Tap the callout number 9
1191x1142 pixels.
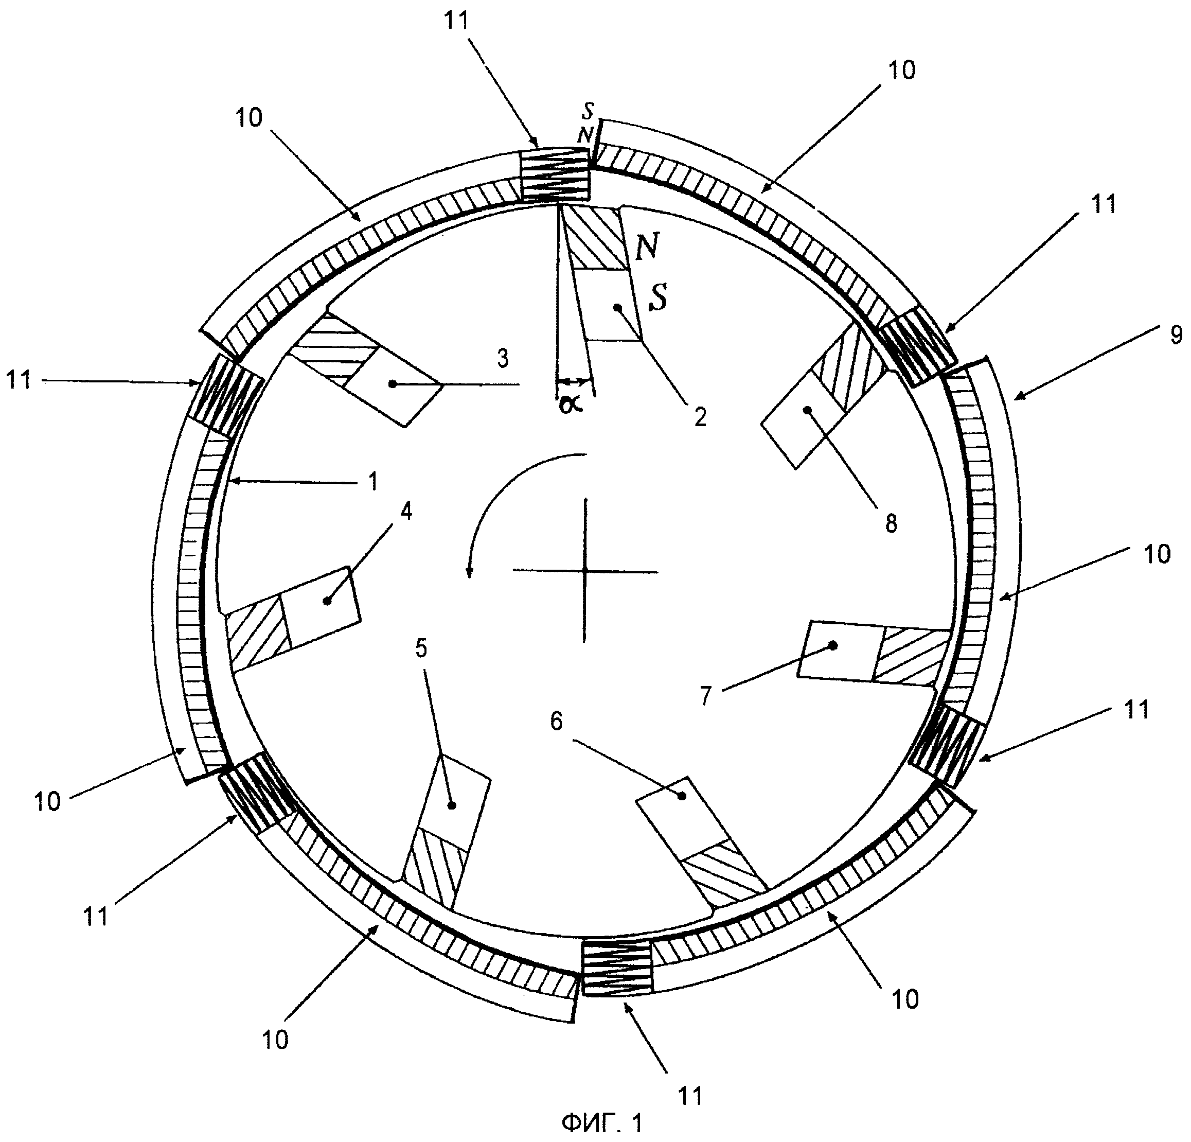click(1176, 336)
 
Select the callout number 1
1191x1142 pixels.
click(374, 482)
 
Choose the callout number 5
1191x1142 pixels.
click(421, 649)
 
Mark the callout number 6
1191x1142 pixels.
click(557, 722)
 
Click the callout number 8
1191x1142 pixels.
click(891, 523)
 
